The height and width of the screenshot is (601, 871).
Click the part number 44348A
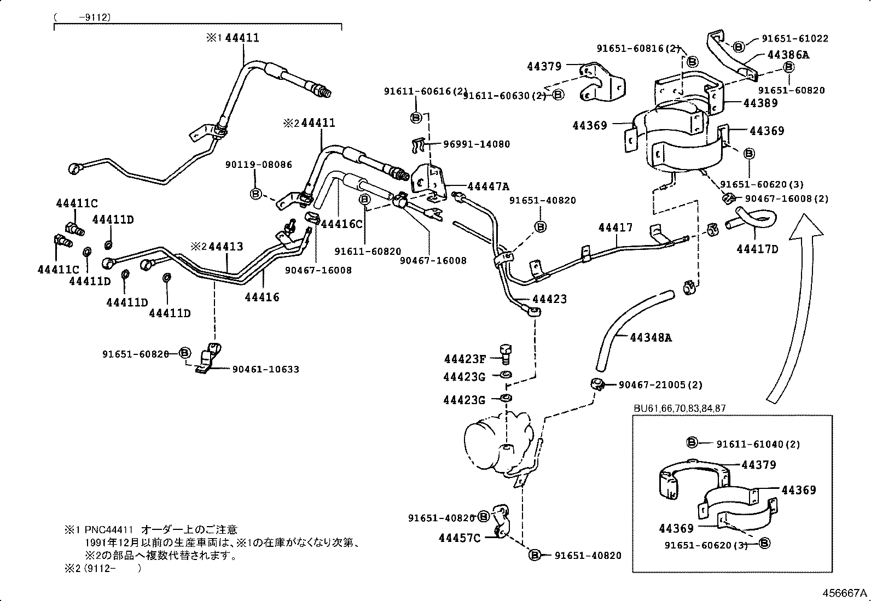[x=651, y=337]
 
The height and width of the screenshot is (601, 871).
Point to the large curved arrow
[x=793, y=306]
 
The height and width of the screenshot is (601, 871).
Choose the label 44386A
[x=788, y=55]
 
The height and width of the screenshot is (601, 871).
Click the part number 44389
[x=760, y=103]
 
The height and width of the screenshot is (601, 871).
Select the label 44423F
[x=464, y=359]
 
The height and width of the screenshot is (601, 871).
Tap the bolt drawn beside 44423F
[x=505, y=353]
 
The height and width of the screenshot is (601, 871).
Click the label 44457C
[x=459, y=538]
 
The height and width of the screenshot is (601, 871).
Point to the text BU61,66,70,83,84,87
[x=680, y=408]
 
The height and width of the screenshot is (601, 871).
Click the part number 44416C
[x=341, y=224]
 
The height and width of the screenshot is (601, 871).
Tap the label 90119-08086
[x=258, y=165]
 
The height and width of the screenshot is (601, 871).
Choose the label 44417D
[x=757, y=249]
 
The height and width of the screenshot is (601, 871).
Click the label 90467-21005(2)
[x=660, y=385]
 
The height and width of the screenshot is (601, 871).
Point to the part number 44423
[x=549, y=299]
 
